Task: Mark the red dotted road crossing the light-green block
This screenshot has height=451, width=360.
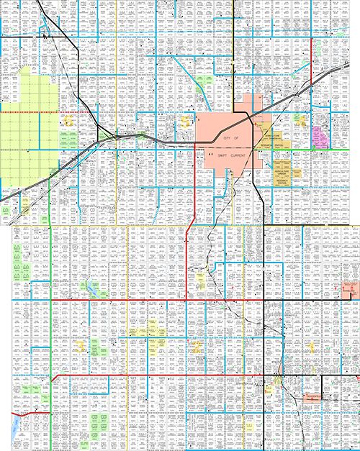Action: pos(29,112)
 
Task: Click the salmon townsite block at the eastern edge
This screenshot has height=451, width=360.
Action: pos(349,289)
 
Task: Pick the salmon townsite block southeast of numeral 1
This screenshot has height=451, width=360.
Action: pos(315,396)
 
